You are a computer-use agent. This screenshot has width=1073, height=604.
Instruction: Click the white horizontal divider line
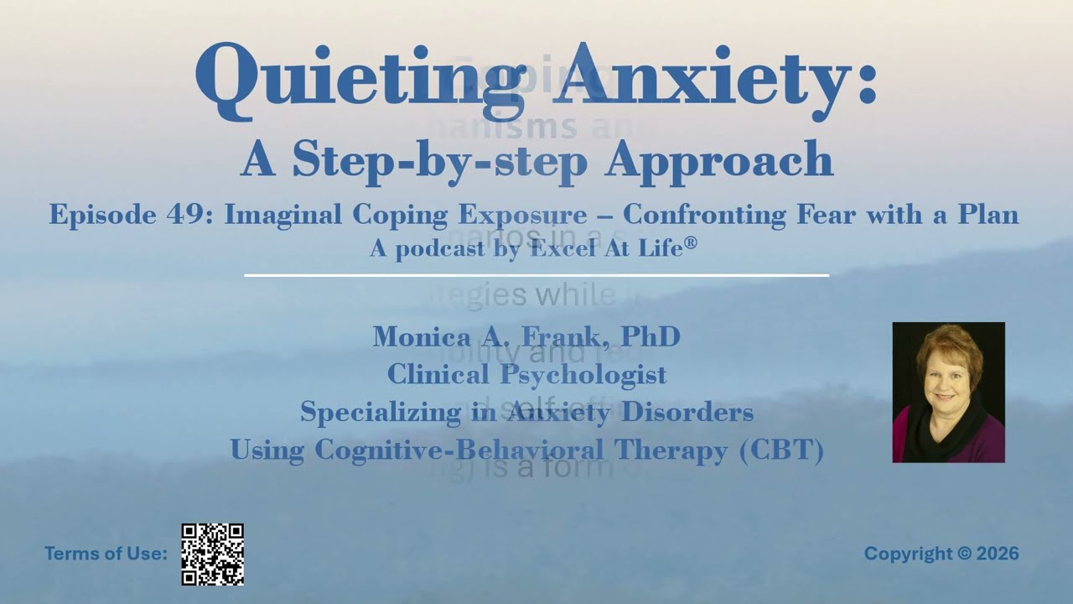point(536,274)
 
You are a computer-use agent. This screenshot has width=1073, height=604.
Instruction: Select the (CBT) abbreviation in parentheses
point(780,450)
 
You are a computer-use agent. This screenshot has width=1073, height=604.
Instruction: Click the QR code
point(213,554)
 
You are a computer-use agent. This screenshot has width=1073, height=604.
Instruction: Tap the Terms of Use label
point(106,554)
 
